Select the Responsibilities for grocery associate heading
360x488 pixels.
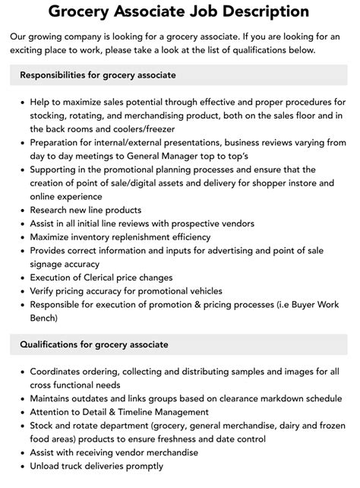pos(98,75)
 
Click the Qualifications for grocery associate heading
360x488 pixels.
pos(94,344)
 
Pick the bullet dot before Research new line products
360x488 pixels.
pos(23,210)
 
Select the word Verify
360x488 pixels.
pos(44,291)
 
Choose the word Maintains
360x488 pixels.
pos(54,398)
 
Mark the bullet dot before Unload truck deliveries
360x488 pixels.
pos(23,466)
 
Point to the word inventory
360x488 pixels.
pos(96,237)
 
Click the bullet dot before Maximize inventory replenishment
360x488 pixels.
pos(23,237)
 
